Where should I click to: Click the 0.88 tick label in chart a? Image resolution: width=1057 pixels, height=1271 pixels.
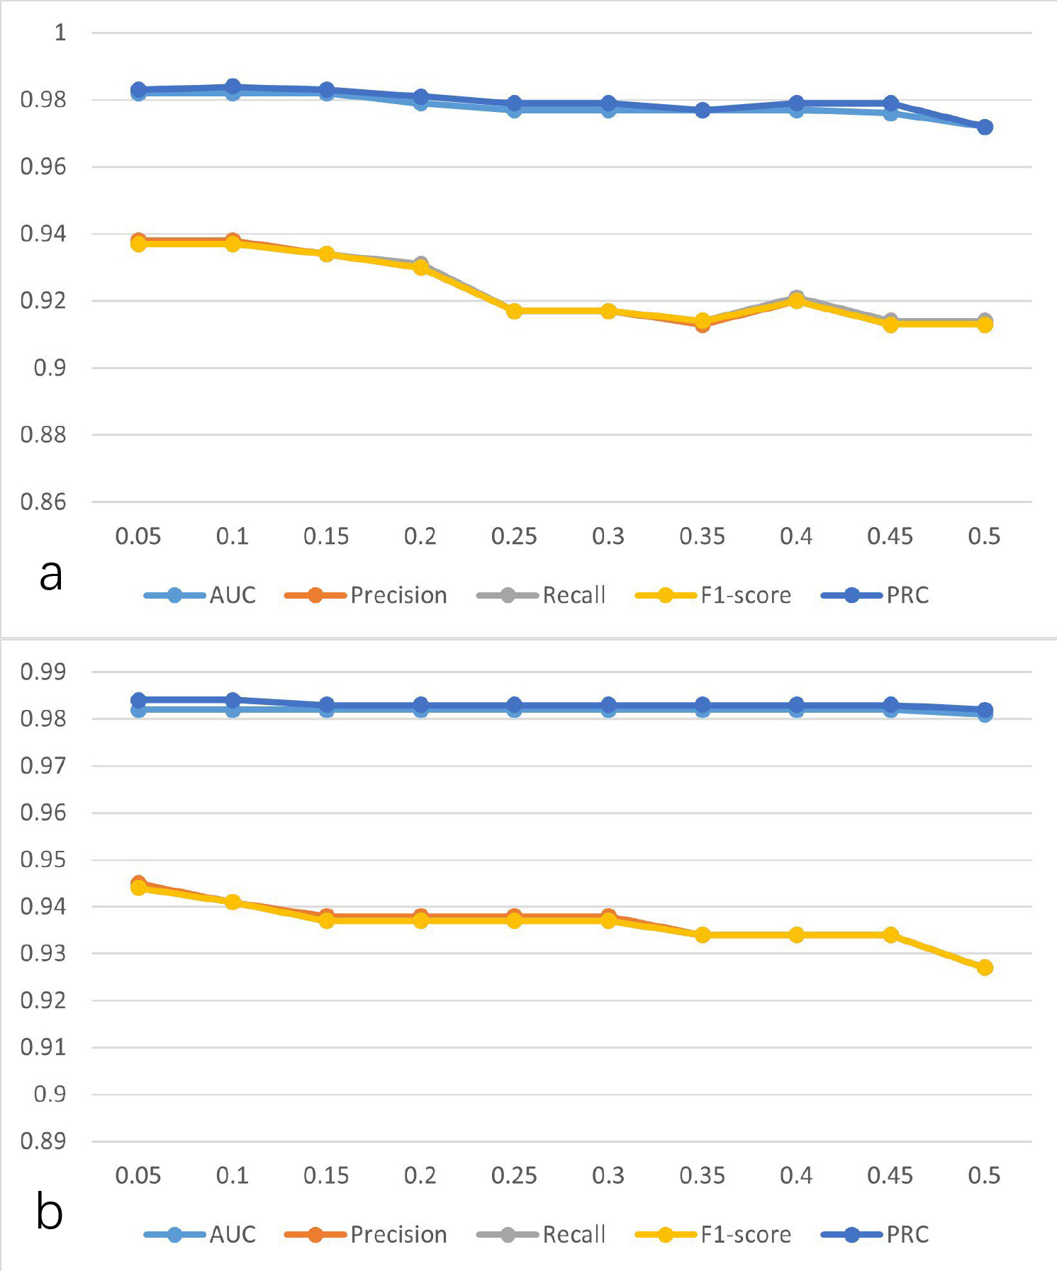tap(43, 434)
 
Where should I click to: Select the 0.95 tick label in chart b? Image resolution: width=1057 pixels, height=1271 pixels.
tap(43, 859)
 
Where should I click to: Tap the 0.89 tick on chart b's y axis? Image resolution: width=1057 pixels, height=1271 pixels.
tap(43, 1141)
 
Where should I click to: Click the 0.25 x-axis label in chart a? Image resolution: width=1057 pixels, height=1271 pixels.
tap(514, 536)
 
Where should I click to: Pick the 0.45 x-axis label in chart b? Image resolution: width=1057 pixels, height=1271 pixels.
tap(890, 1175)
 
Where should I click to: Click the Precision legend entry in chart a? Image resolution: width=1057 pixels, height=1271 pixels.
tap(398, 595)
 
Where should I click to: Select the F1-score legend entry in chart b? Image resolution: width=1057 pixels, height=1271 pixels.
tap(746, 1234)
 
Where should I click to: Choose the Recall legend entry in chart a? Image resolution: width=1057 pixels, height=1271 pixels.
tap(574, 595)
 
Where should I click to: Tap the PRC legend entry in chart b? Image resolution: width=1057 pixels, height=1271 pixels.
tap(907, 1234)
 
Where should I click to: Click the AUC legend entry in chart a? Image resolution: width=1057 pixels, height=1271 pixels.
tap(232, 595)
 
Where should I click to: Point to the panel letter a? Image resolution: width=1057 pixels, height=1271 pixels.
tap(51, 574)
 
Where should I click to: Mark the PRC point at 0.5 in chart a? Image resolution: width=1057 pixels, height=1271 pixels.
tap(984, 127)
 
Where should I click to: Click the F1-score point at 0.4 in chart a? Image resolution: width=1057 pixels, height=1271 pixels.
tap(796, 300)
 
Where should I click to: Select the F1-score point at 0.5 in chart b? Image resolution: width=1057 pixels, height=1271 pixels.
tap(984, 967)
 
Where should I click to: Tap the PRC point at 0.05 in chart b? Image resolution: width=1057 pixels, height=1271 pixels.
tap(138, 701)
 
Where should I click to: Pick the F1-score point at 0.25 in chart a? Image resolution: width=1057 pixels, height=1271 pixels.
tap(514, 310)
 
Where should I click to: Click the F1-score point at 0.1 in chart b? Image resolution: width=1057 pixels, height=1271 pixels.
tap(233, 902)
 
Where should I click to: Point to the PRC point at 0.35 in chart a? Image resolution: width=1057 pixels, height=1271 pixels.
tap(702, 110)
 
